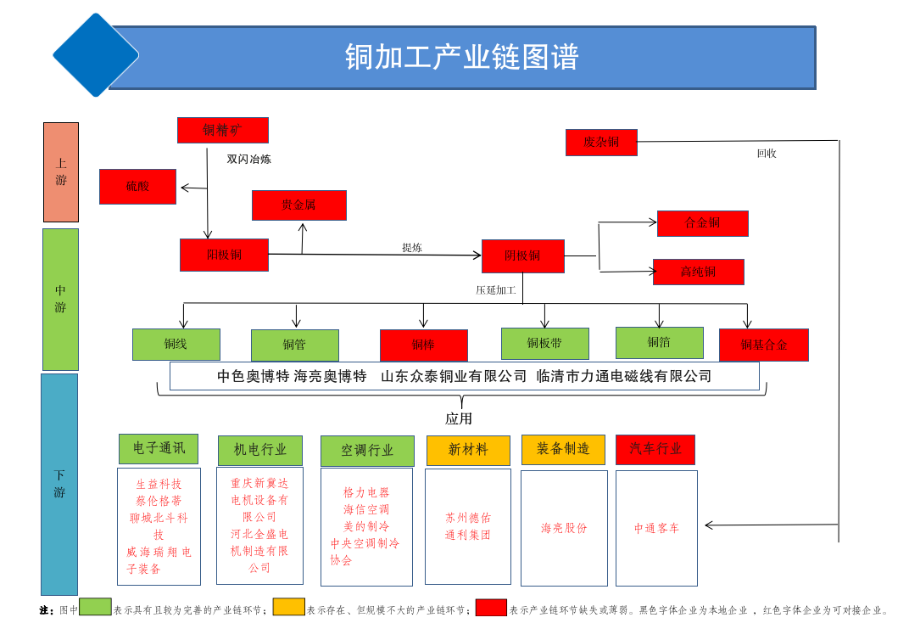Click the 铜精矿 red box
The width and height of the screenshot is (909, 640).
[222, 130]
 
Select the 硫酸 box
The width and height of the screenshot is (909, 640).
[137, 186]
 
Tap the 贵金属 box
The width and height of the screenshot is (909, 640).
[298, 205]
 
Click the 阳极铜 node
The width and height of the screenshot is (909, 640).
[224, 255]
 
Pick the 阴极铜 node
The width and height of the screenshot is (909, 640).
[522, 255]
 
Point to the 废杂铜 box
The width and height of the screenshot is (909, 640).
[601, 143]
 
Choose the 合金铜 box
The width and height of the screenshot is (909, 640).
[702, 223]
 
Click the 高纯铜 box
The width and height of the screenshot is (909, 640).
[698, 272]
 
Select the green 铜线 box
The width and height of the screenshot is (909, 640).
[176, 344]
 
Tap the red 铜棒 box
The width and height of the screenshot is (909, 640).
[423, 345]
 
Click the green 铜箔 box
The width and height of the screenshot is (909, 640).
[659, 342]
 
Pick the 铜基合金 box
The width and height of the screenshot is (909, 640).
[763, 345]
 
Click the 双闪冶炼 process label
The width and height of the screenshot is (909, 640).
[248, 159]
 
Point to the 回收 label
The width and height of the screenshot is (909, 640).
[767, 154]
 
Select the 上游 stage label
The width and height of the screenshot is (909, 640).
[61, 172]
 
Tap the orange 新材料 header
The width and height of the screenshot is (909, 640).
[468, 450]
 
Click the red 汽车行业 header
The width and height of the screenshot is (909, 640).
[655, 449]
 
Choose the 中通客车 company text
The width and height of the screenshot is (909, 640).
[656, 528]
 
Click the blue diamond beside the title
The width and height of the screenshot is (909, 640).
[96, 55]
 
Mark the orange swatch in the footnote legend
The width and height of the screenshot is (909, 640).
[288, 607]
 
